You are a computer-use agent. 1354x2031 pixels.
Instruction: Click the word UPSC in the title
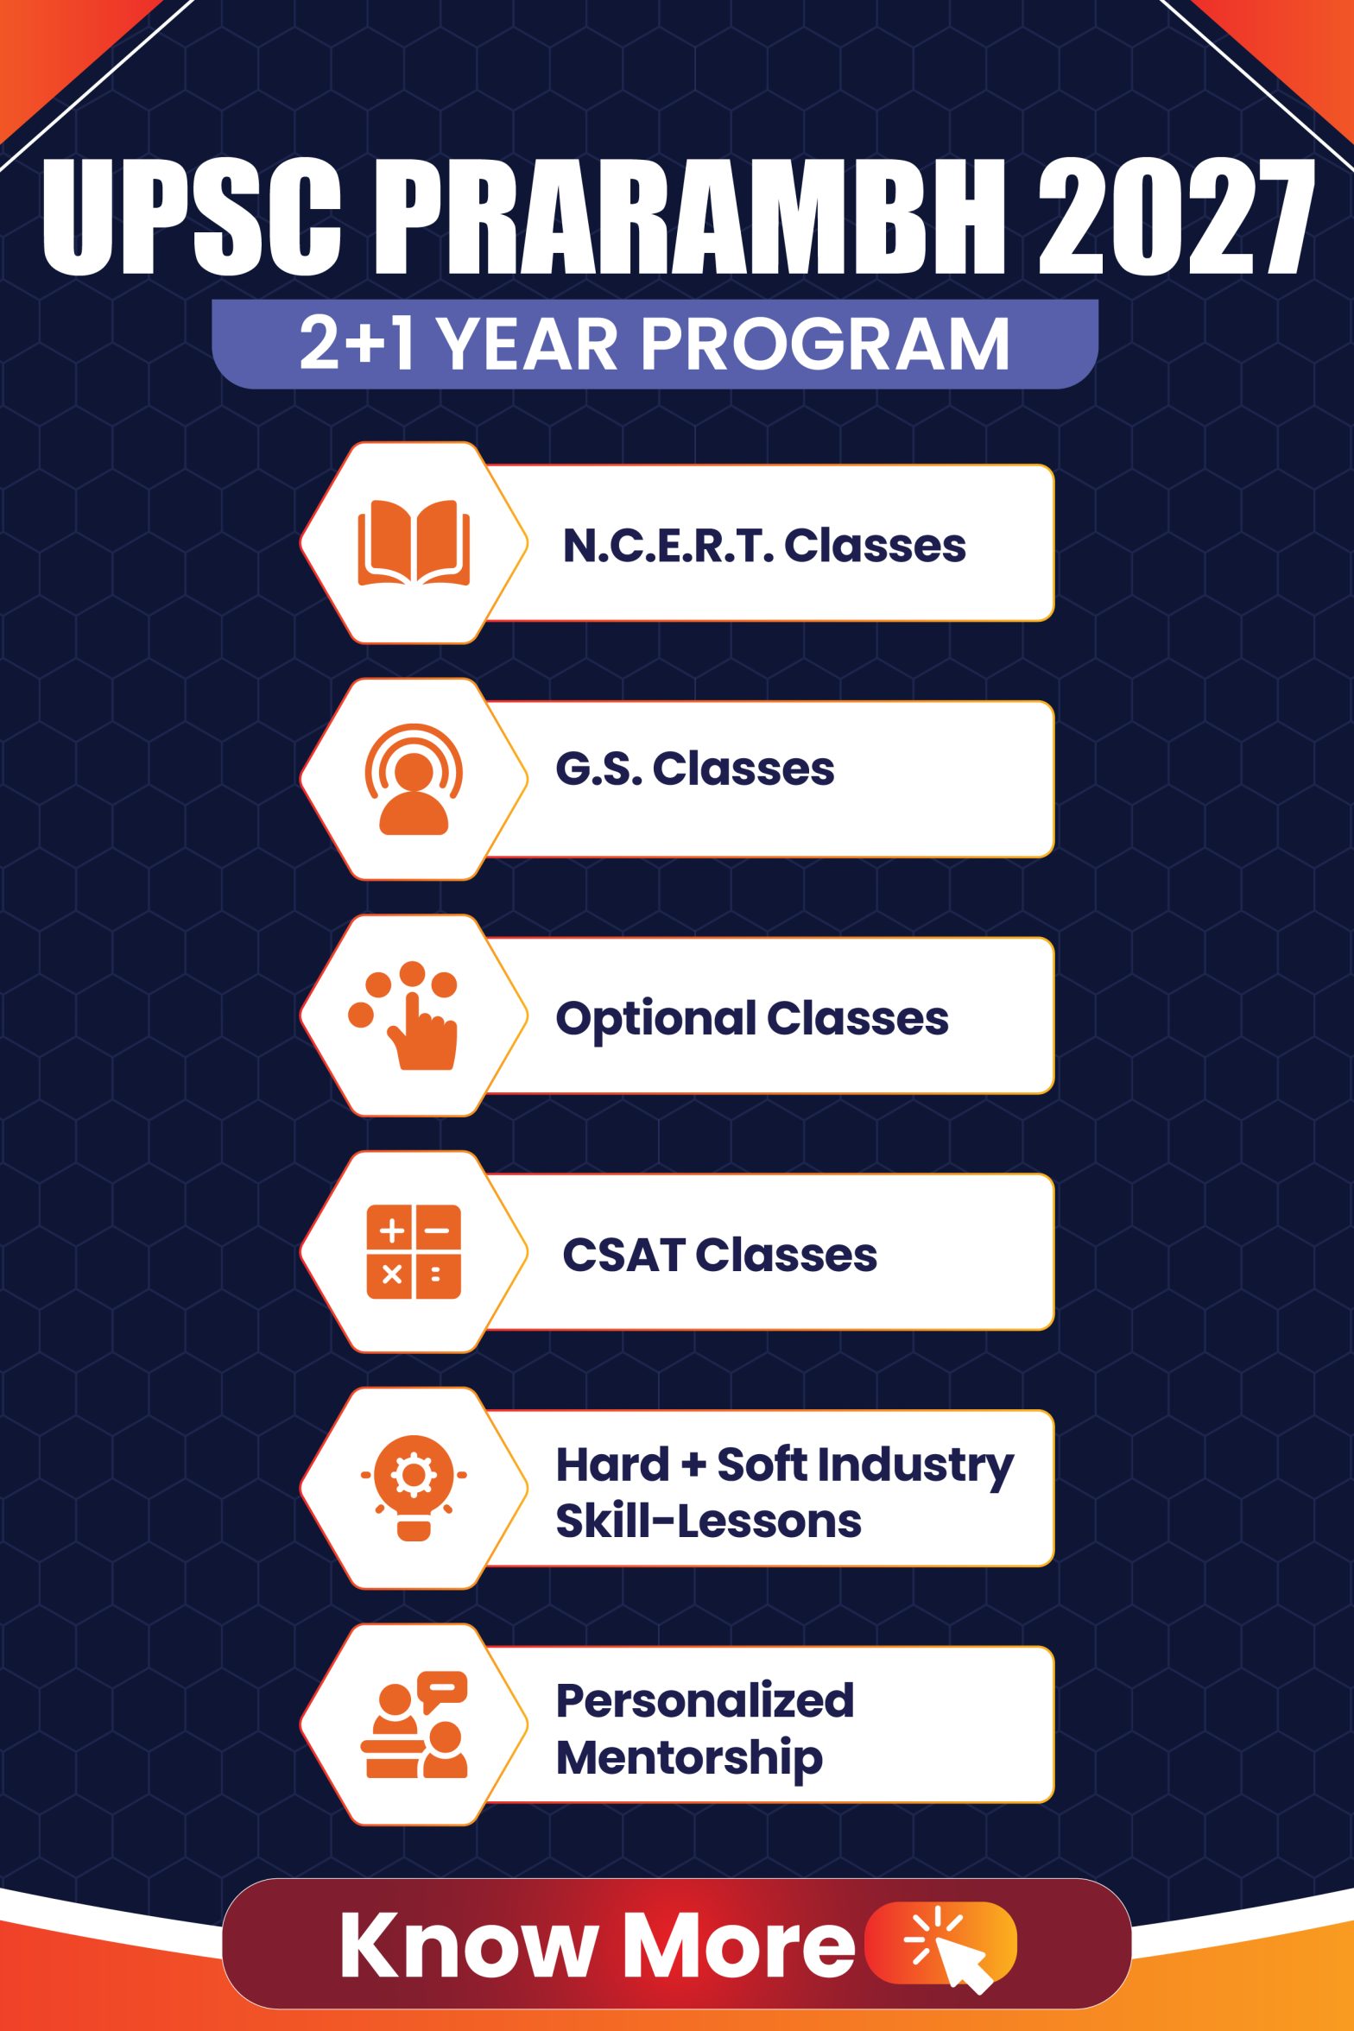pyautogui.click(x=191, y=217)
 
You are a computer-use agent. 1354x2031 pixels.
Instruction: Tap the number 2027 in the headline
pyautogui.click(x=1176, y=217)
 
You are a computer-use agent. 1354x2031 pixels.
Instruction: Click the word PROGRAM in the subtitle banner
pyautogui.click(x=825, y=344)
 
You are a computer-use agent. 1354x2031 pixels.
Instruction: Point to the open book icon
pyautogui.click(x=414, y=542)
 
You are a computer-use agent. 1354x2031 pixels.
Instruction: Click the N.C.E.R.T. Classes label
pyautogui.click(x=764, y=546)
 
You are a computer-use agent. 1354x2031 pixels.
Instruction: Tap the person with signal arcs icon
pyautogui.click(x=414, y=779)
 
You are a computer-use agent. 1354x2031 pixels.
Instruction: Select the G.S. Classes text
pyautogui.click(x=695, y=769)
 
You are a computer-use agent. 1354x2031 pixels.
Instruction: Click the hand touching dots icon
pyautogui.click(x=404, y=1015)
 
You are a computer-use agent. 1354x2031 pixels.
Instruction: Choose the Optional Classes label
pyautogui.click(x=752, y=1019)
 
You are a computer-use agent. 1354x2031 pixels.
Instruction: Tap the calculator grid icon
pyautogui.click(x=414, y=1252)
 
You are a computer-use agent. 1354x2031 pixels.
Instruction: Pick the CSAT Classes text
pyautogui.click(x=719, y=1255)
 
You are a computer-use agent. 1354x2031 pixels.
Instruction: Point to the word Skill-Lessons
pyautogui.click(x=709, y=1522)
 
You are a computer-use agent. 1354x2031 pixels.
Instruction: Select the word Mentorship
pyautogui.click(x=690, y=1759)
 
